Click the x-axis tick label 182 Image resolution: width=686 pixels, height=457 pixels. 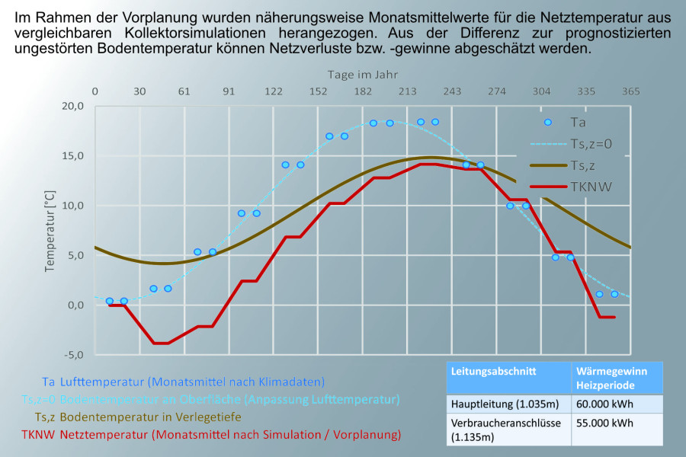click(x=363, y=91)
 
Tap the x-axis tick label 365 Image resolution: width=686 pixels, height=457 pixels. click(x=630, y=91)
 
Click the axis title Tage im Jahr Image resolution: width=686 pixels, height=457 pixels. click(x=363, y=75)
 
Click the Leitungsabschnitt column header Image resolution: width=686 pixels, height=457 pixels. click(x=483, y=372)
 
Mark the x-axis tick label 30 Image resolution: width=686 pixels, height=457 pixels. click(x=140, y=91)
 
